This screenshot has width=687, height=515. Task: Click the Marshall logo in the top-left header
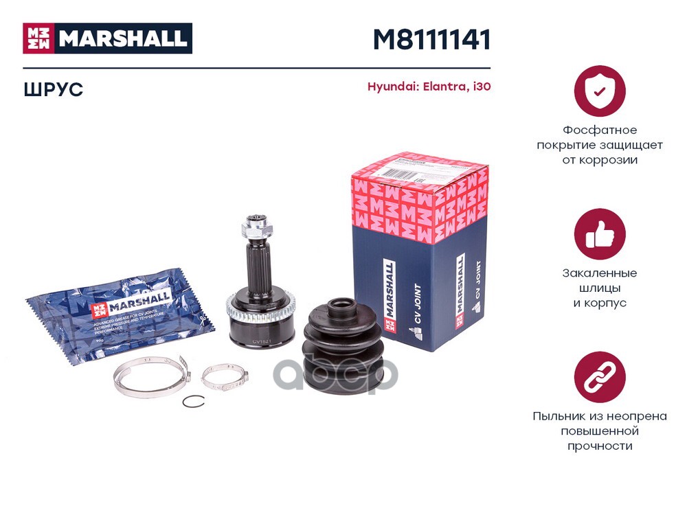click(107, 38)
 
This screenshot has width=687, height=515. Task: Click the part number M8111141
click(431, 40)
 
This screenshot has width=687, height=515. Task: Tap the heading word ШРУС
click(53, 90)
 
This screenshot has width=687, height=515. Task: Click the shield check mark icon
click(599, 91)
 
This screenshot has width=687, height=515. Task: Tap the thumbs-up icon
click(599, 234)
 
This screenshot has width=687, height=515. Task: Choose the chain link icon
click(599, 377)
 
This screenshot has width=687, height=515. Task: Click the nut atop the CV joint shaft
click(255, 225)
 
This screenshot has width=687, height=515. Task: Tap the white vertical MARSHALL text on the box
click(390, 288)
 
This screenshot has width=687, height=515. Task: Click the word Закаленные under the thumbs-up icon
click(600, 273)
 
